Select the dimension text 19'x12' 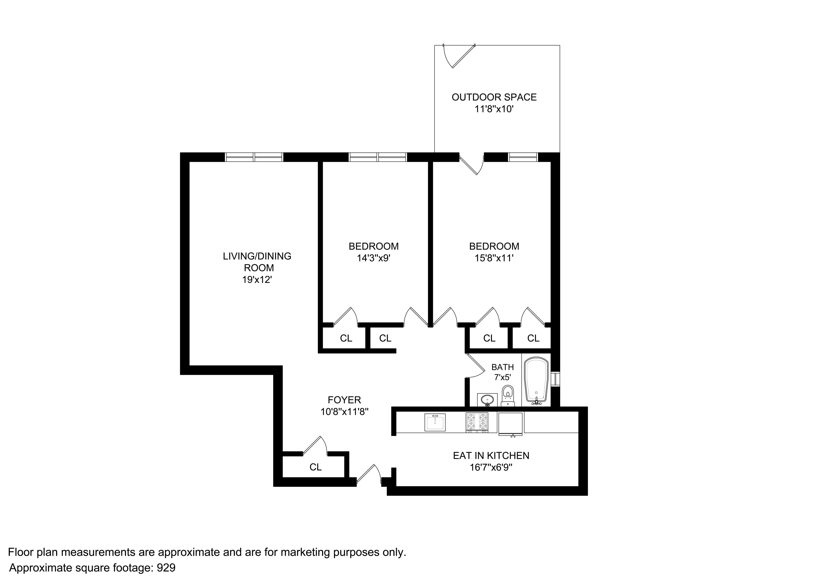(257, 280)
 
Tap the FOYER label (344, 400)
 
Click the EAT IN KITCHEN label (491, 455)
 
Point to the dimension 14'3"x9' (373, 258)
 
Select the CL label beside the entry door (315, 467)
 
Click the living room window (254, 157)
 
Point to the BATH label (502, 367)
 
